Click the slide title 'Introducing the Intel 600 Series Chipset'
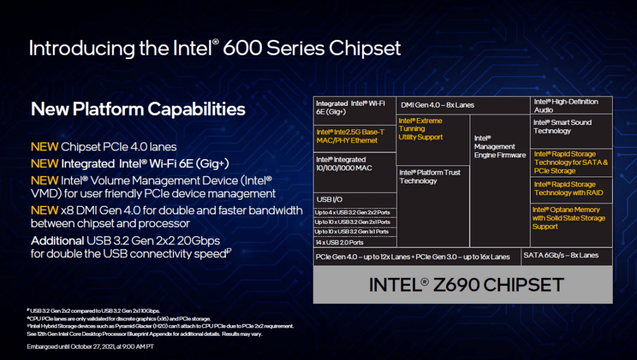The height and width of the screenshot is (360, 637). [x=215, y=48]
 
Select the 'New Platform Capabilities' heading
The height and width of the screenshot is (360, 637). [x=138, y=109]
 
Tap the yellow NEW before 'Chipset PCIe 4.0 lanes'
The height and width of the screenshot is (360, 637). [x=45, y=147]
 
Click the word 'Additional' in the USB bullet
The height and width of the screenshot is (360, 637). [x=57, y=241]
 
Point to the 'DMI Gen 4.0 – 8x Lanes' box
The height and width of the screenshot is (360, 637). [x=463, y=105]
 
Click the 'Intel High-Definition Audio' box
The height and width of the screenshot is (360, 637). [x=571, y=106]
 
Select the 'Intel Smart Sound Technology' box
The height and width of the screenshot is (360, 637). [x=571, y=131]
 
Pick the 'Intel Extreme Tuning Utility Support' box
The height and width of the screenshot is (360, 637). [x=433, y=140]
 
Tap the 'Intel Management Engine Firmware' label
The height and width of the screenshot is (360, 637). [x=500, y=147]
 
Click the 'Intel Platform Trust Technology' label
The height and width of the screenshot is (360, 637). [x=429, y=177]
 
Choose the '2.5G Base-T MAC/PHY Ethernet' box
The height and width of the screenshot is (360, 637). [x=355, y=139]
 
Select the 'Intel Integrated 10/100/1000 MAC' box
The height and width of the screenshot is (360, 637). [x=355, y=172]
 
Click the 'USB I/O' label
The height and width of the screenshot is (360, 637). [x=329, y=200]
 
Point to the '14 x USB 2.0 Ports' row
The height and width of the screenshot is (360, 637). [x=355, y=242]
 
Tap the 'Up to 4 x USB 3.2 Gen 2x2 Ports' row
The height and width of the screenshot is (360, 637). [x=355, y=212]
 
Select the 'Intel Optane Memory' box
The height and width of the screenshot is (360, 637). [x=571, y=225]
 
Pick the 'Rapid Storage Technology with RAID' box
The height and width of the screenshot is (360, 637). [x=571, y=190]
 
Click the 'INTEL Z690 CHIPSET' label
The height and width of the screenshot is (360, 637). [x=467, y=285]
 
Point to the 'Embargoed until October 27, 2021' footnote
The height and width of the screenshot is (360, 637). [x=90, y=346]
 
